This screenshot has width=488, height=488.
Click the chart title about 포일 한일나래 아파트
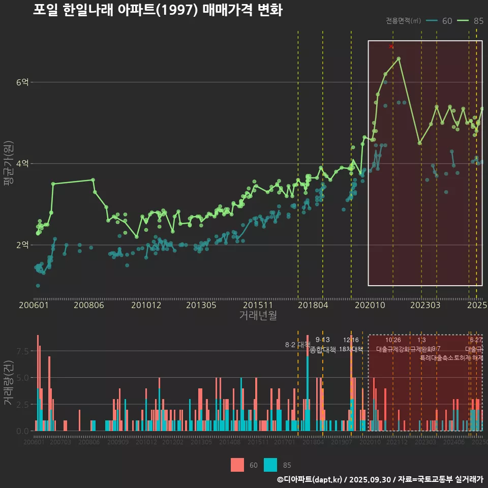tap(158, 10)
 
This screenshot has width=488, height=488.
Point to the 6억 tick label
tap(22, 82)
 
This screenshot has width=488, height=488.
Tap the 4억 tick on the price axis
tap(22, 164)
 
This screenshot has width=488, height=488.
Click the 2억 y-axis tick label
tap(22, 245)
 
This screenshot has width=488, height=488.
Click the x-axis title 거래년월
tap(258, 316)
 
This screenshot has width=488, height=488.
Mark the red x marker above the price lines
tap(391, 46)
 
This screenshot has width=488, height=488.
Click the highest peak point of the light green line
tap(399, 58)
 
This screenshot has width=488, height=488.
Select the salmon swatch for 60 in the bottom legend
tap(237, 465)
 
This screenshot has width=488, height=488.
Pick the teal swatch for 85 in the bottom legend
tap(271, 465)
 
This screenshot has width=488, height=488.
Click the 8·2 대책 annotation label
tap(298, 345)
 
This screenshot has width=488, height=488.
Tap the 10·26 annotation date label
tap(393, 340)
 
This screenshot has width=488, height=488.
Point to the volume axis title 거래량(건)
tap(8, 382)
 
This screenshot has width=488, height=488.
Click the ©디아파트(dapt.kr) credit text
tap(310, 479)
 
